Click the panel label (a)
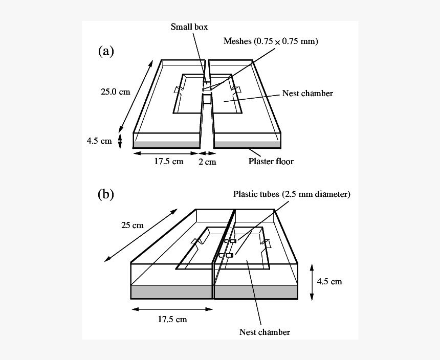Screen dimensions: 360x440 [x=106, y=51]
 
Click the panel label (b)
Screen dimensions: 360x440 [x=106, y=194]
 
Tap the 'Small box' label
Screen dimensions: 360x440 [x=189, y=27]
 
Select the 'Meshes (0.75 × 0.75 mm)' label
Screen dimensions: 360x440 [x=271, y=41]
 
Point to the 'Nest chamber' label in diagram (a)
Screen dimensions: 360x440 [x=307, y=93]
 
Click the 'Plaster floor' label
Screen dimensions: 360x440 [x=271, y=161]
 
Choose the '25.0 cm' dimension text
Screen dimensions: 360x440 [x=115, y=92]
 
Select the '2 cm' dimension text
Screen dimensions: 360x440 [x=208, y=162]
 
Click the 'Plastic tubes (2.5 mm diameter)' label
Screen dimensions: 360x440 [x=292, y=194]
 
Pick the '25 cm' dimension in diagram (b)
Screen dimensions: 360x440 [x=132, y=225]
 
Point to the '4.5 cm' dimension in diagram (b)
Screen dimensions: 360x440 [x=329, y=281]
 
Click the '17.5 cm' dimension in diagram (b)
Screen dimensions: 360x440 [x=172, y=320]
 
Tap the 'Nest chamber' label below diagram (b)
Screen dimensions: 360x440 [x=265, y=332]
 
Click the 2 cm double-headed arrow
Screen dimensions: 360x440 [x=206, y=152]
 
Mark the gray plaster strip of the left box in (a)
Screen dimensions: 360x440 [x=166, y=145]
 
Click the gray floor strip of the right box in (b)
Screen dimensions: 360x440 [x=256, y=292]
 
